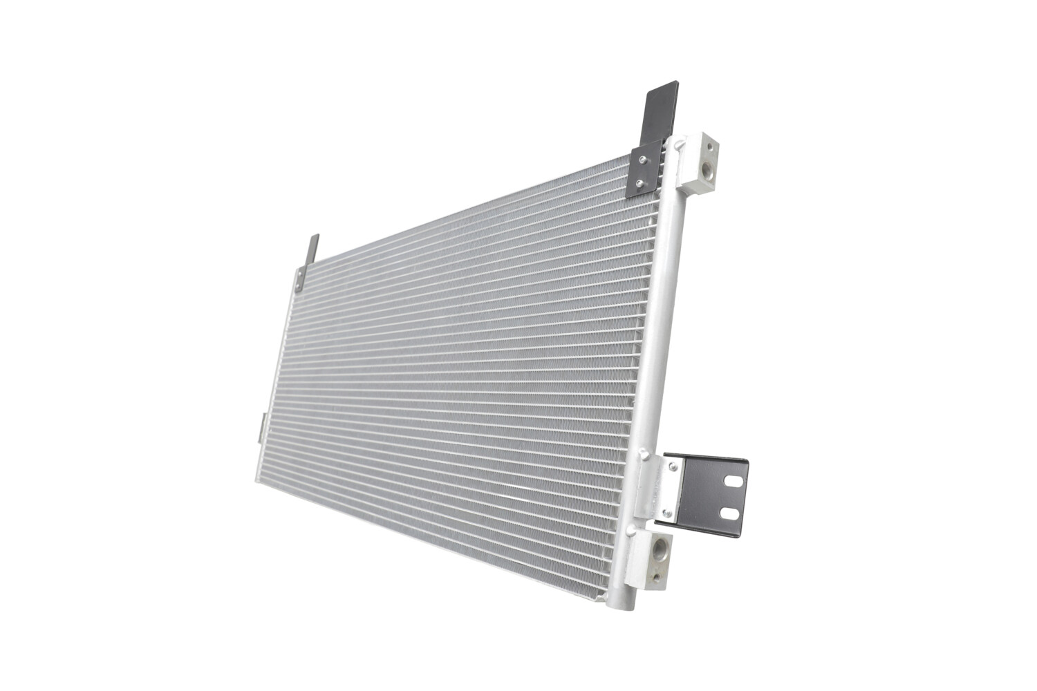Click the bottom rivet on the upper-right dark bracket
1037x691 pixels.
coord(640,184)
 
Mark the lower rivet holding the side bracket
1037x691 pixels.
coord(666,513)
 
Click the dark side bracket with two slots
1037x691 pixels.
coord(712,494)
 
